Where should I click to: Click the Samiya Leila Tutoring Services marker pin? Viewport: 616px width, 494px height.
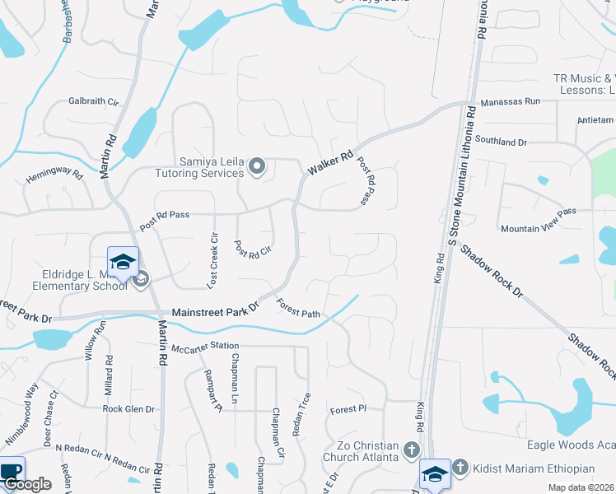point(257,167)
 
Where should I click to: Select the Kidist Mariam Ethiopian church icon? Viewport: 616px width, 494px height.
point(460,468)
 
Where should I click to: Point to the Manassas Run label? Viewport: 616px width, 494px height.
point(511,101)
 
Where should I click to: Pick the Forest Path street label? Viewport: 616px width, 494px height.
point(297,308)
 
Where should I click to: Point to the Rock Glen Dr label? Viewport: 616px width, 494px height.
point(128,408)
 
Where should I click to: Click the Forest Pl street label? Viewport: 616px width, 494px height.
point(347,409)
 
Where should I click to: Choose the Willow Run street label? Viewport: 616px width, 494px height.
point(101,340)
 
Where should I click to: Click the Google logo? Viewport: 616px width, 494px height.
point(27,484)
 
